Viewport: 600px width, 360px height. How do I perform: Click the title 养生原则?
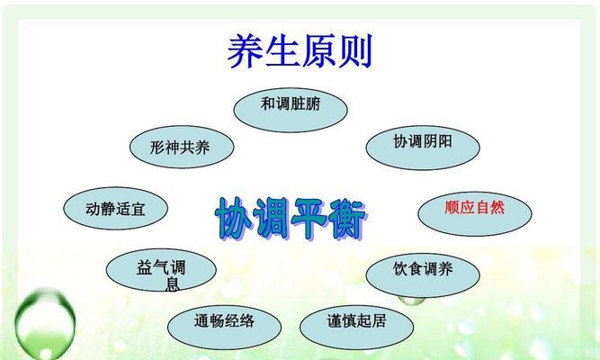[300, 51]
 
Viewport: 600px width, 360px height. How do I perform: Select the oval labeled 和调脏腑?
[291, 110]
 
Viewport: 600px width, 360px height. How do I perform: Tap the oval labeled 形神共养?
[182, 147]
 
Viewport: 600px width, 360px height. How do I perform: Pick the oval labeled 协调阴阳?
[423, 148]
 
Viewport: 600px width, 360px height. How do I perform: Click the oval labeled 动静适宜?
[115, 208]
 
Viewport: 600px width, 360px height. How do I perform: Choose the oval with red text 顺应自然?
[475, 213]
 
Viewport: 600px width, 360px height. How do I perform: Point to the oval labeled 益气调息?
[161, 270]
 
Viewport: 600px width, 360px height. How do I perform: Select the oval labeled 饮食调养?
[423, 275]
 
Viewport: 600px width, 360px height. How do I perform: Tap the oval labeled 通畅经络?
[224, 327]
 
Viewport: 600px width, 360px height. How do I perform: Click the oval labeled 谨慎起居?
[356, 327]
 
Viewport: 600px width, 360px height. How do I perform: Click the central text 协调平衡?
[291, 219]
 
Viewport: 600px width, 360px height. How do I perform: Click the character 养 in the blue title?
[245, 51]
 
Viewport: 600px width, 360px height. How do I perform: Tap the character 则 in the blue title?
[355, 51]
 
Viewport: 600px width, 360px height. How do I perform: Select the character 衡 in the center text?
[348, 220]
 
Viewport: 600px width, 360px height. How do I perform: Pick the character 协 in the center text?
[233, 219]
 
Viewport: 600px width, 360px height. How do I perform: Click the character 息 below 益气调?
[173, 284]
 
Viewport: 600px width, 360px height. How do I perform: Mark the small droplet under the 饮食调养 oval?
[411, 301]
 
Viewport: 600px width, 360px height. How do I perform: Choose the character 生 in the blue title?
[282, 51]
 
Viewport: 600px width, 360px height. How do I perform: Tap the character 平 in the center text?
[309, 219]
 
